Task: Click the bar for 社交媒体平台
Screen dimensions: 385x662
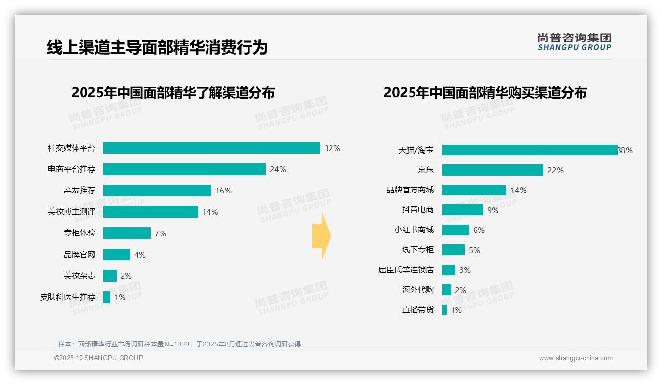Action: pyautogui.click(x=211, y=148)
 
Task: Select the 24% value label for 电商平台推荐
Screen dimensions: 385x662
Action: pyautogui.click(x=278, y=169)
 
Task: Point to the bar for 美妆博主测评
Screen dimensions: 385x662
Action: pyautogui.click(x=151, y=212)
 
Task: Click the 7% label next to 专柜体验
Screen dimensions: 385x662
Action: pyautogui.click(x=160, y=233)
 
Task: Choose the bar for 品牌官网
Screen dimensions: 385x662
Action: pyautogui.click(x=117, y=255)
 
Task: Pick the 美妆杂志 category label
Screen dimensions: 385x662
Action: pyautogui.click(x=80, y=276)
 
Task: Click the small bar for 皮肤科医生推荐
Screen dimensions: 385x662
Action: pyautogui.click(x=107, y=297)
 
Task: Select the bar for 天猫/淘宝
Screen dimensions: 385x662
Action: pyautogui.click(x=529, y=150)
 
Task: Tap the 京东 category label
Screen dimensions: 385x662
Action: pyautogui.click(x=425, y=170)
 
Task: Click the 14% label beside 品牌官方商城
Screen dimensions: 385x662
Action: pyautogui.click(x=519, y=190)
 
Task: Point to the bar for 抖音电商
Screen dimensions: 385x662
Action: pyautogui.click(x=462, y=210)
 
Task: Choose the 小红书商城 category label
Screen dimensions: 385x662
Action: pyautogui.click(x=414, y=230)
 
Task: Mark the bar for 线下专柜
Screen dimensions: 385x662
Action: pyautogui.click(x=454, y=250)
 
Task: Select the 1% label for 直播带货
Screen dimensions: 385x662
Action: pyautogui.click(x=456, y=310)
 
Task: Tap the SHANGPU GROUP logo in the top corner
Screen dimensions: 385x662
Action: pyautogui.click(x=574, y=41)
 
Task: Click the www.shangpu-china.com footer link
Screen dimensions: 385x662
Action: pyautogui.click(x=576, y=358)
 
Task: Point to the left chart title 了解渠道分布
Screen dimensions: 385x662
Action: pyautogui.click(x=173, y=93)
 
